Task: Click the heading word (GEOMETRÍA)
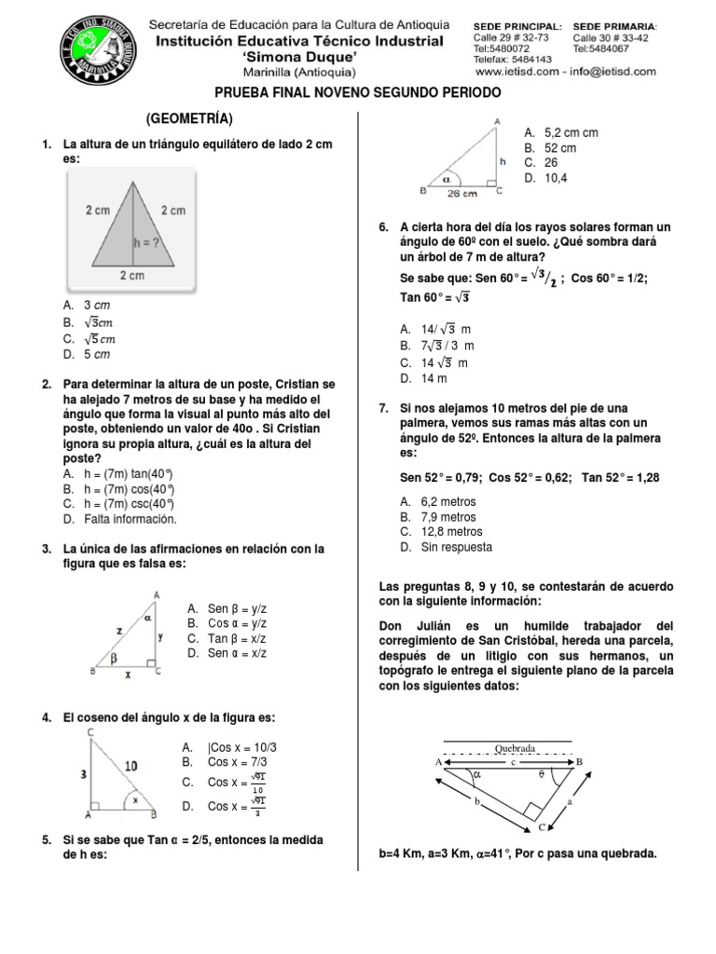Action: tap(189, 119)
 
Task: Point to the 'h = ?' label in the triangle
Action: tap(146, 239)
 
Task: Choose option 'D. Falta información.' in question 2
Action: tap(119, 519)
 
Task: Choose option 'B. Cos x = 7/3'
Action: tap(228, 762)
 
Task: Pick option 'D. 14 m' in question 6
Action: tap(424, 378)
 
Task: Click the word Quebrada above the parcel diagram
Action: tap(515, 748)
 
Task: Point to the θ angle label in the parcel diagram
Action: tap(541, 772)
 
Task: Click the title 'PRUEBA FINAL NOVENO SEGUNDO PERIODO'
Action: tap(358, 93)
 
